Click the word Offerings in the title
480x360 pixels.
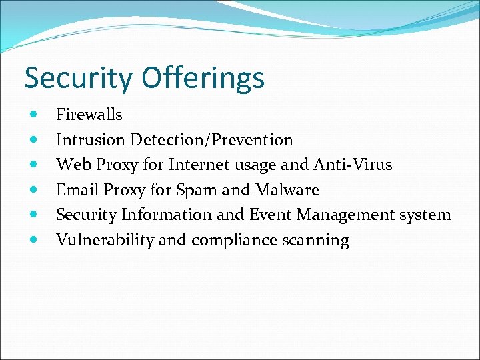203,79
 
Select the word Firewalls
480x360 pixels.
89,115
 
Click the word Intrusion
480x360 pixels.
91,140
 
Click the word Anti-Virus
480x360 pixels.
357,165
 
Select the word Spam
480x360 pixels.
197,190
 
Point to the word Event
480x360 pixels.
271,215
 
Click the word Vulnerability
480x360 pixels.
105,240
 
